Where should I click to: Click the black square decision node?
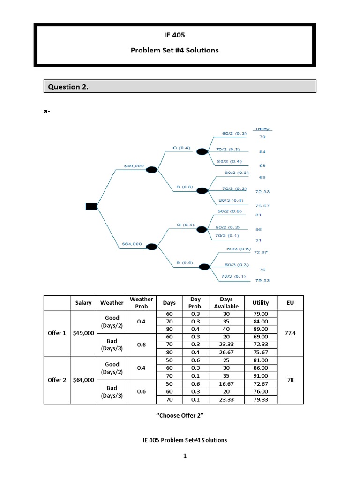pyautogui.click(x=91, y=206)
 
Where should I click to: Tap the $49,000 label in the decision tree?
pyautogui.click(x=134, y=165)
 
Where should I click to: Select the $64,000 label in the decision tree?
pyautogui.click(x=132, y=243)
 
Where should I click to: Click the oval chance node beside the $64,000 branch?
pyautogui.click(x=152, y=247)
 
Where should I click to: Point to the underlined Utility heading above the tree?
pyautogui.click(x=263, y=129)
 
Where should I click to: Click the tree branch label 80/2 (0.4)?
pyautogui.click(x=228, y=162)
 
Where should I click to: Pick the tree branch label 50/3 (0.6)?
pyautogui.click(x=239, y=248)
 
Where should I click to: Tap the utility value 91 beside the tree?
pyautogui.click(x=259, y=240)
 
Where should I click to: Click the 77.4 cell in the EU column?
pyautogui.click(x=290, y=333)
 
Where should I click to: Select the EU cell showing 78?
pyautogui.click(x=290, y=380)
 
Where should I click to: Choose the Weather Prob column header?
pyautogui.click(x=141, y=302)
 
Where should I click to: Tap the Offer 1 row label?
pyautogui.click(x=57, y=333)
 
